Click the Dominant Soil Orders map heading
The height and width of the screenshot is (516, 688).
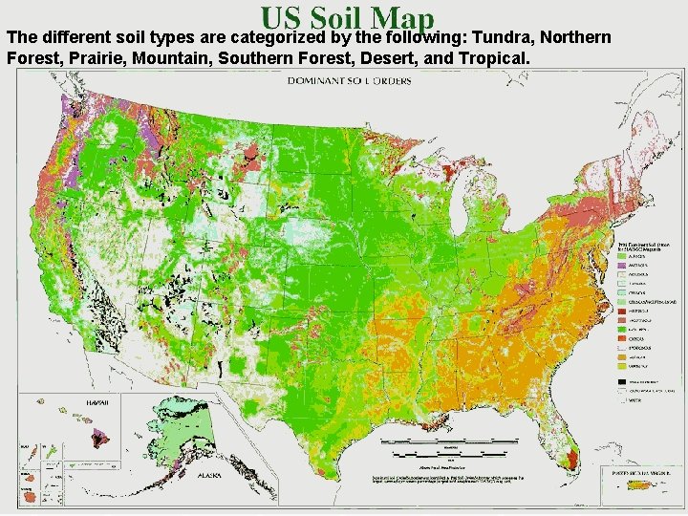tap(350, 81)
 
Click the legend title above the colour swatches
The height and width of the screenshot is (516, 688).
tap(639, 247)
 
